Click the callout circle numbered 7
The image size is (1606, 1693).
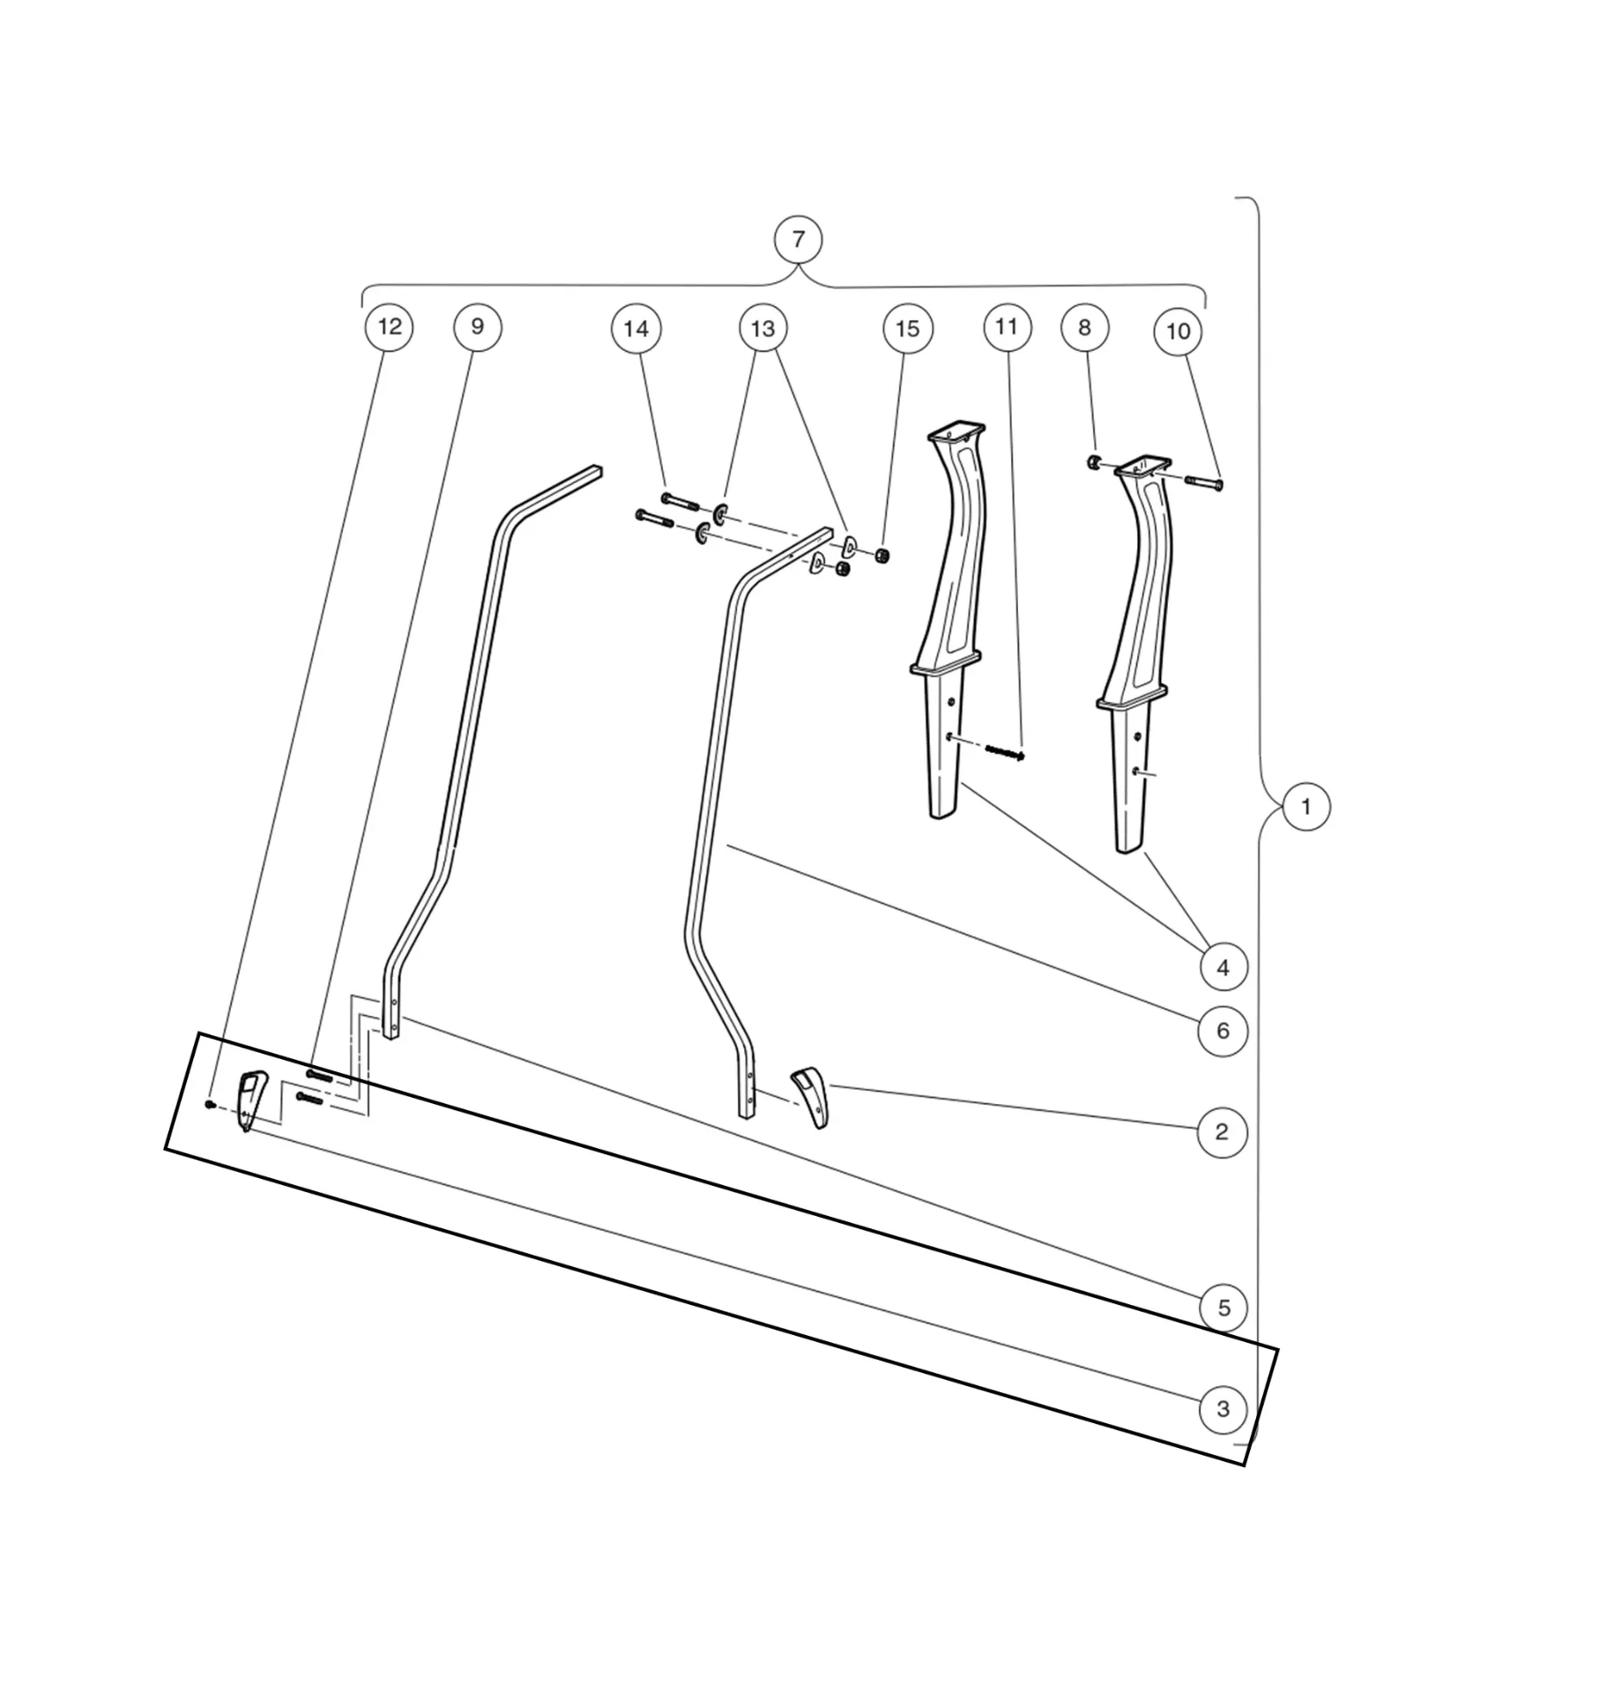(798, 240)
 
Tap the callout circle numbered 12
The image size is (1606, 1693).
(389, 327)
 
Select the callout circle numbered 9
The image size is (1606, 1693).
(477, 327)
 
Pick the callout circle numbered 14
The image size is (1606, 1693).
(636, 329)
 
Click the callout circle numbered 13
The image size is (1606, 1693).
(762, 329)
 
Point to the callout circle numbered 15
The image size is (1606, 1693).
(907, 329)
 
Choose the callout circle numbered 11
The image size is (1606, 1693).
(1007, 327)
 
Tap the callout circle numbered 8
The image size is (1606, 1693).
(1084, 328)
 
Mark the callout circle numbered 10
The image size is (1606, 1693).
(1178, 332)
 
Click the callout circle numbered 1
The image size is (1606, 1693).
(1305, 807)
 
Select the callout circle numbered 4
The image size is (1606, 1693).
(1223, 967)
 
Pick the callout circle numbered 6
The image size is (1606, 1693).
(1223, 1031)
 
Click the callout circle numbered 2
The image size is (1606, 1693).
(1222, 1132)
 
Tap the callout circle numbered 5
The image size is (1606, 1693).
(1223, 1308)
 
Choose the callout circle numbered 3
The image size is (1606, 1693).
(1223, 1409)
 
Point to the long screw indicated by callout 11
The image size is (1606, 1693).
(1005, 751)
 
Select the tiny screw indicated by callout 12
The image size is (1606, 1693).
(210, 1103)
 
